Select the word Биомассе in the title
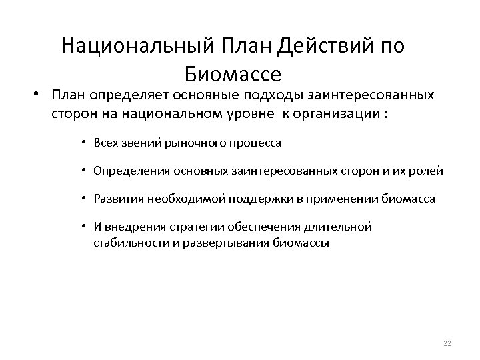(233, 72)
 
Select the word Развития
(115, 199)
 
